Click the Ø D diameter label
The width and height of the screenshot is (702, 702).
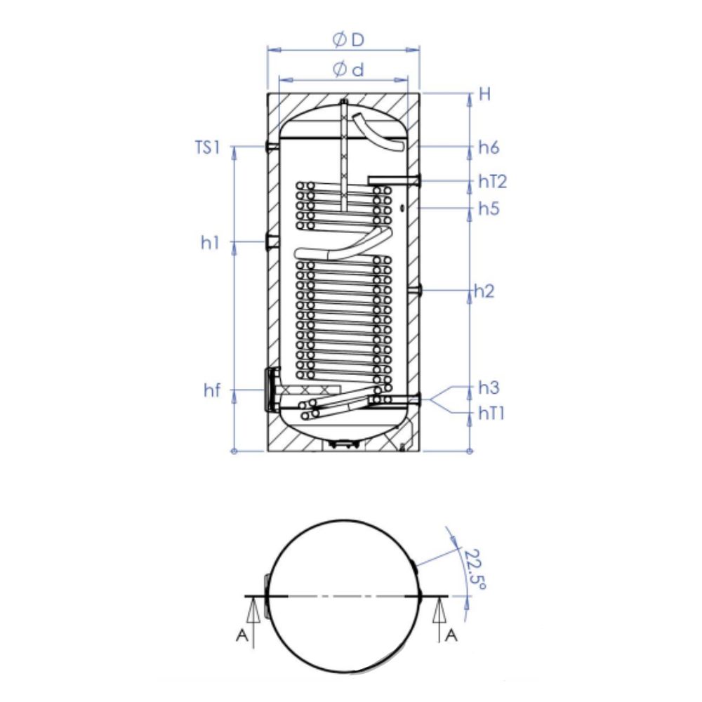coord(348,40)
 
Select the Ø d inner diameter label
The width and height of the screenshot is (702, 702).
coord(348,69)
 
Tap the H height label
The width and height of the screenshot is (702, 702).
coord(485,95)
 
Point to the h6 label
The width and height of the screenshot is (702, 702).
coord(489,147)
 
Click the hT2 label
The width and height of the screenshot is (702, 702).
coord(493,181)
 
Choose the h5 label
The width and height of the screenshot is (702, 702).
coord(489,208)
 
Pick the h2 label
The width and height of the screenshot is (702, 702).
coord(484,291)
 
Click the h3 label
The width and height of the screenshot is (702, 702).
coord(489,388)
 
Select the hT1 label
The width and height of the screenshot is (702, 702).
coord(491,413)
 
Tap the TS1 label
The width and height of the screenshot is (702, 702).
coord(208,147)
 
